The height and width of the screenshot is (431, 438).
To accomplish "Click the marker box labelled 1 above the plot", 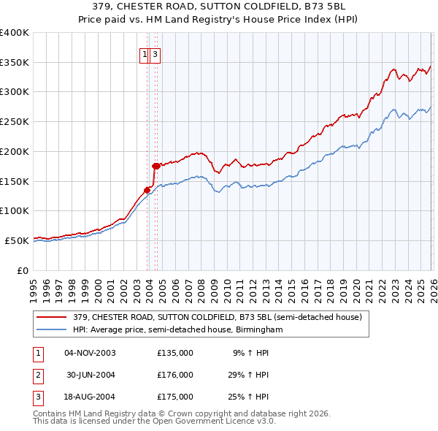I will point(145,54).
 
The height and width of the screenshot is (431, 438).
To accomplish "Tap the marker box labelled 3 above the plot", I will point(156,54).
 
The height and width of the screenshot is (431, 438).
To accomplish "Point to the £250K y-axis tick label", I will point(14,121).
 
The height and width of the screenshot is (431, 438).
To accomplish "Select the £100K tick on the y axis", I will point(14,210).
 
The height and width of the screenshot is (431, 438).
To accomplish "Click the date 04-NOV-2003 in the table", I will point(90,353).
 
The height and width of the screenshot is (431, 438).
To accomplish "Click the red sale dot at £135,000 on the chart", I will point(147,190).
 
